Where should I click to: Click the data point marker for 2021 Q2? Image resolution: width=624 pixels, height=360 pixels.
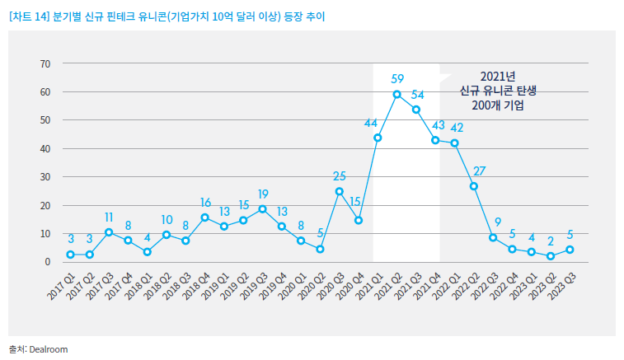click(x=397, y=95)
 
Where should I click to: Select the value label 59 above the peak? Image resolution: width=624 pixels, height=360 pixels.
click(x=397, y=79)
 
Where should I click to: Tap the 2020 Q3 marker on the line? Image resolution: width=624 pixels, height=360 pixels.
click(x=339, y=191)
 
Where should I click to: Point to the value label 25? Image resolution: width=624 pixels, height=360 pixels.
click(x=339, y=175)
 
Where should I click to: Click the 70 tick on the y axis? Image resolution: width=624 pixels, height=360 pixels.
click(x=45, y=63)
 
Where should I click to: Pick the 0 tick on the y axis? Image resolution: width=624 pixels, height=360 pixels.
click(x=48, y=262)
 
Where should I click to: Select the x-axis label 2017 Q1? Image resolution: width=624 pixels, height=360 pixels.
click(x=60, y=286)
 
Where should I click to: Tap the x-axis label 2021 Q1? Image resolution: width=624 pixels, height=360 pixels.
click(x=367, y=286)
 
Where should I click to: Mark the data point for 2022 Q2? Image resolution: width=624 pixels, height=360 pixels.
click(x=474, y=186)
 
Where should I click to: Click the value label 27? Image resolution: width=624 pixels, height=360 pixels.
click(x=479, y=171)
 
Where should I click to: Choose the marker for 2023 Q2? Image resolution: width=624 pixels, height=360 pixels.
click(x=551, y=256)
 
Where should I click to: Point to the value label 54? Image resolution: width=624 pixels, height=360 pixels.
click(x=417, y=94)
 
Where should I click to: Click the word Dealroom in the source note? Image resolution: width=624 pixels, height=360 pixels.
click(x=49, y=349)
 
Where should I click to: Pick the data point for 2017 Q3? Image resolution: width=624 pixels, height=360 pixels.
click(x=109, y=232)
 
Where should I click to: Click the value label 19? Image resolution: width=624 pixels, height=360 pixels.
click(x=262, y=194)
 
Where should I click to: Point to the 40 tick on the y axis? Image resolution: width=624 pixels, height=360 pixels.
click(x=45, y=148)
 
